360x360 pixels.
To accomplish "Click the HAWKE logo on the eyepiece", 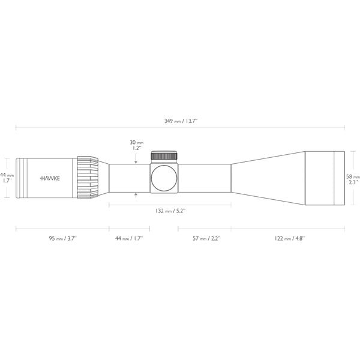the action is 50,178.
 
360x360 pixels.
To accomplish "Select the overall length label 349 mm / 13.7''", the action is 181,121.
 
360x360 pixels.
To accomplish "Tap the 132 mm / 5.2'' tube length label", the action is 170,211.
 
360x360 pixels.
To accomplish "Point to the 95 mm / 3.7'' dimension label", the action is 62,238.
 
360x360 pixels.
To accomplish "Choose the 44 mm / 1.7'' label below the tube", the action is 129,238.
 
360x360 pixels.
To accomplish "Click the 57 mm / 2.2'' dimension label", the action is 206,238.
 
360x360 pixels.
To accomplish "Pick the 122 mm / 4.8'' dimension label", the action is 289,238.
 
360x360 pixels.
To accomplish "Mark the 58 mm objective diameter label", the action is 353,179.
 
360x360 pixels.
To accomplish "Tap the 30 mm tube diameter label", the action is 137,145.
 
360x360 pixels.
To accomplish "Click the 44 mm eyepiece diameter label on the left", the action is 7,178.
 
